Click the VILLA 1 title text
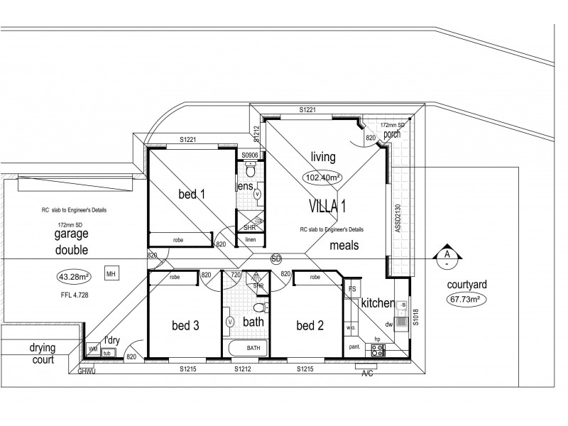(x=327, y=207)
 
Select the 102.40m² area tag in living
(x=322, y=177)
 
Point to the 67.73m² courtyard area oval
(x=465, y=300)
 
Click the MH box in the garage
(x=111, y=273)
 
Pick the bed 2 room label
(x=310, y=326)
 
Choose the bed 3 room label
(x=186, y=326)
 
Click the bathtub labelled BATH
(x=253, y=349)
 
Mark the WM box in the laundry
(x=92, y=349)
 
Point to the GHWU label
(x=87, y=369)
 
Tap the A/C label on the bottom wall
(x=368, y=372)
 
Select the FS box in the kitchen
(x=351, y=290)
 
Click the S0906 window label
(x=248, y=155)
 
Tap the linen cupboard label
(x=250, y=240)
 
